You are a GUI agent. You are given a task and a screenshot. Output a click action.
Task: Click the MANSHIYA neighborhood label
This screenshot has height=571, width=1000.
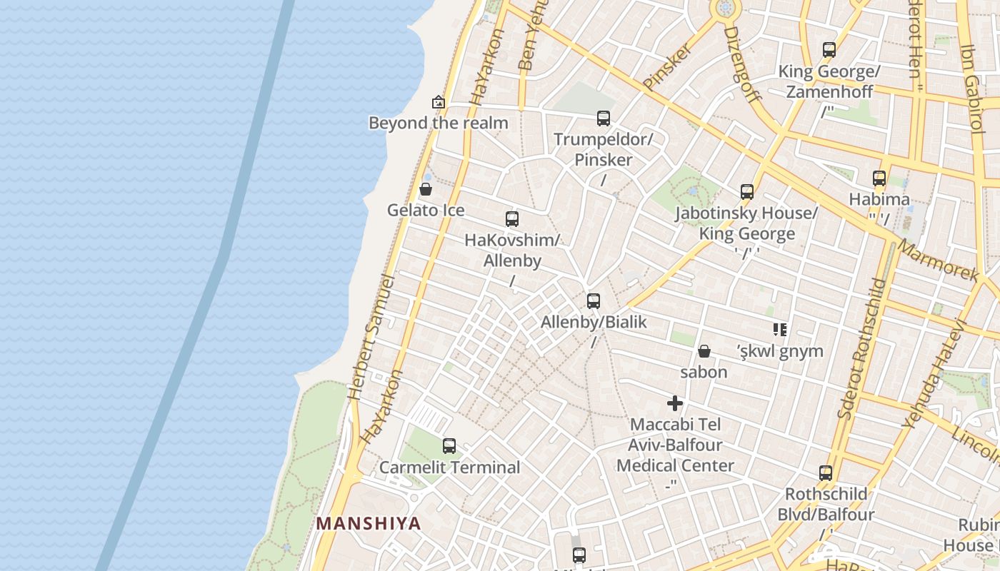point(369,523)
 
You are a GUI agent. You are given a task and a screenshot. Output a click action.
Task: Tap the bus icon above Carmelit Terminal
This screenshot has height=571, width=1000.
point(449,446)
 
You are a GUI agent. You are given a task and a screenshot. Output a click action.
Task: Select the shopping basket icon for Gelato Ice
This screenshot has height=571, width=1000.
point(426,189)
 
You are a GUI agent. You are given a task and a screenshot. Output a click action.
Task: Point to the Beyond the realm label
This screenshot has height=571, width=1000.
point(438,123)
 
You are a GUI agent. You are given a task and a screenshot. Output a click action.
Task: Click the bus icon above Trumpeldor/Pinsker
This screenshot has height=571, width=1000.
point(604,118)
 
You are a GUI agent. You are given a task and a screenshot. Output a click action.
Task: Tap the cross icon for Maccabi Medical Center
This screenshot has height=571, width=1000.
point(675,403)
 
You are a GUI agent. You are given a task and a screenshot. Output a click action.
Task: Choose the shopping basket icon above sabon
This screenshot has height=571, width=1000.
point(704,351)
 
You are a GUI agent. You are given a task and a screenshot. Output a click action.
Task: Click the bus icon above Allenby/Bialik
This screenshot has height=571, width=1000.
point(594,301)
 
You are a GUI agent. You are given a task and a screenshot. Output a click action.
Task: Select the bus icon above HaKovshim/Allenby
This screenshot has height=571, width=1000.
point(512,219)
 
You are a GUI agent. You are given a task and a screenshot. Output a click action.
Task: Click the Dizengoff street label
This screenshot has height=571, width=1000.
point(742,64)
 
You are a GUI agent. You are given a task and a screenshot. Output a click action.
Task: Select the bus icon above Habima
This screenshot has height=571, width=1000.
point(879,178)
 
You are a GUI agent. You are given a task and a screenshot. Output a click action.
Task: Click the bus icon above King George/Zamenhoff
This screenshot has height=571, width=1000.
point(829,50)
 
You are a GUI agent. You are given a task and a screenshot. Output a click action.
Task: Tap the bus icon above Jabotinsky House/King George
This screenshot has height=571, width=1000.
point(747,192)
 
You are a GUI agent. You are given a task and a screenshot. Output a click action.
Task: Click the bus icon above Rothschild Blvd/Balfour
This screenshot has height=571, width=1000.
point(826,473)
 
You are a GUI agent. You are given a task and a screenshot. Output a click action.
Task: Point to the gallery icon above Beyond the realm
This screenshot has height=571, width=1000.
point(439,103)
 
